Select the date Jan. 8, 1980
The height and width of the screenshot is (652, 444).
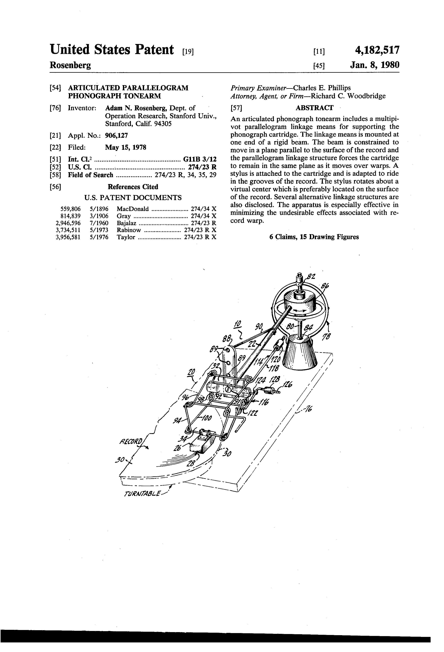374,65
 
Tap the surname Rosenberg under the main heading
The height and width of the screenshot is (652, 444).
70,65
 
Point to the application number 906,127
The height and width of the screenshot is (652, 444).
116,135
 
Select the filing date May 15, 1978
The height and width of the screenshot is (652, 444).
126,147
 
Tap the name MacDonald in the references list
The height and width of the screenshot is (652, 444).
132,209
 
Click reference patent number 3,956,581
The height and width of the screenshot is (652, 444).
68,237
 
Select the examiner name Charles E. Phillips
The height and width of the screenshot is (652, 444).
322,88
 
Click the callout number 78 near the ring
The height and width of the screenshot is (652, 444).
326,336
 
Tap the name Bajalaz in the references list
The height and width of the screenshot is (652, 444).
126,223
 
